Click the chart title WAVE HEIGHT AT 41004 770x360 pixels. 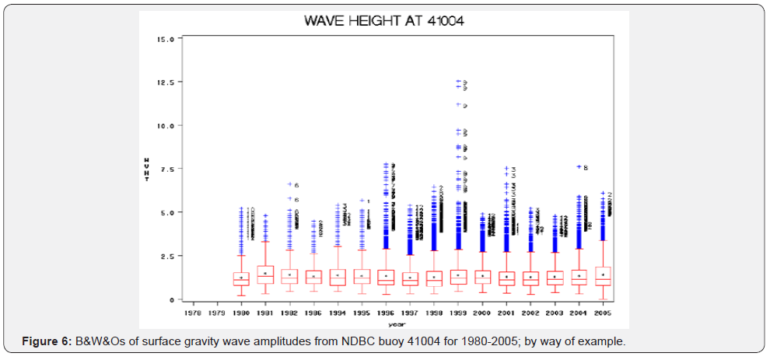coord(384,21)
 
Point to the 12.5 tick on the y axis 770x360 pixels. coord(166,82)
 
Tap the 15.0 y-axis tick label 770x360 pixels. coord(166,38)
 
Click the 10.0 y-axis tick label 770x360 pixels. coord(166,125)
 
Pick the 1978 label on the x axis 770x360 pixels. coord(194,313)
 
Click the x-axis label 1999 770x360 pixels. coord(459,313)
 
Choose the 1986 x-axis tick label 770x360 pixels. coord(314,313)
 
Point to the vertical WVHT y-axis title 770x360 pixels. coord(147,169)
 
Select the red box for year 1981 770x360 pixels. coord(265,274)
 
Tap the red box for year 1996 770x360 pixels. coord(387,278)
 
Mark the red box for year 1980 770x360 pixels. coord(241,278)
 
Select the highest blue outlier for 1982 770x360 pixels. coord(290,184)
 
